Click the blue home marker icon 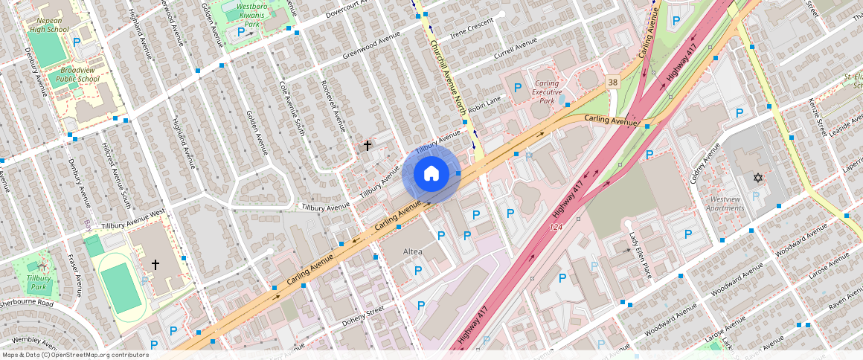(431, 174)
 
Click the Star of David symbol (758, 178)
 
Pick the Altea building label (412, 251)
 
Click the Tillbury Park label (39, 282)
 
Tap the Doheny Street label (363, 315)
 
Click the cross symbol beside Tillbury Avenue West (155, 264)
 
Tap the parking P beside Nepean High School (76, 42)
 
